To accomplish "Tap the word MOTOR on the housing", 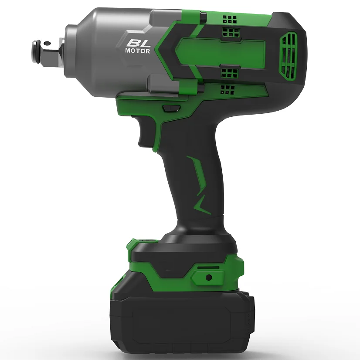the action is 138,51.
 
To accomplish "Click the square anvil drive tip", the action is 47,52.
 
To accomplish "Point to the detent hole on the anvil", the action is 47,43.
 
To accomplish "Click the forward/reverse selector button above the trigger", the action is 171,109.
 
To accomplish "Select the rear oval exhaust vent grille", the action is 288,56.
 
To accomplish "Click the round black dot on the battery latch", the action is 208,277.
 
